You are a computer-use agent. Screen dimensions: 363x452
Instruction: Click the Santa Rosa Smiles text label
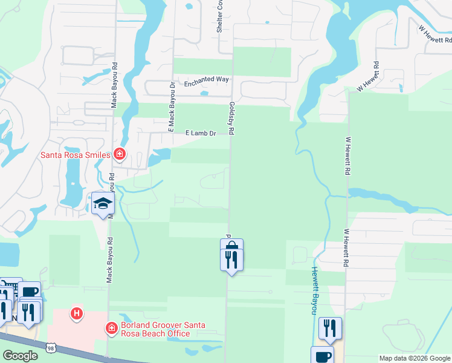pos(75,155)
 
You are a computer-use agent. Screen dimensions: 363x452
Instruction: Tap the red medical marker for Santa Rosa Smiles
pos(120,154)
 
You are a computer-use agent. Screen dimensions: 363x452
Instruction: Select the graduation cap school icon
pos(103,204)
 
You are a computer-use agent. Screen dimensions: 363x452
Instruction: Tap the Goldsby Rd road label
pos(231,117)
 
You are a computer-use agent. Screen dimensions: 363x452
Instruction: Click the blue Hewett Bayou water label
pos(314,290)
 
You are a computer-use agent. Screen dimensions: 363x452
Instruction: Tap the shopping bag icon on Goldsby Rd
pos(231,247)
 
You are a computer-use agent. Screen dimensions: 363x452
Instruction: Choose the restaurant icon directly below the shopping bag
pos(231,260)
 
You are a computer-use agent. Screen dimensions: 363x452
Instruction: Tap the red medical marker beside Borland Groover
pos(111,329)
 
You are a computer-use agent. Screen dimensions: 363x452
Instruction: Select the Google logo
pos(20,356)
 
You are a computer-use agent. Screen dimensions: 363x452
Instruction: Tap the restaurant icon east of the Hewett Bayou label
pos(330,328)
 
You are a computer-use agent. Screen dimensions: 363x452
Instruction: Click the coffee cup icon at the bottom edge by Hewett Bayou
pos(322,356)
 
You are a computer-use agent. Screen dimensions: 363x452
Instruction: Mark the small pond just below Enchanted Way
pos(204,93)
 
